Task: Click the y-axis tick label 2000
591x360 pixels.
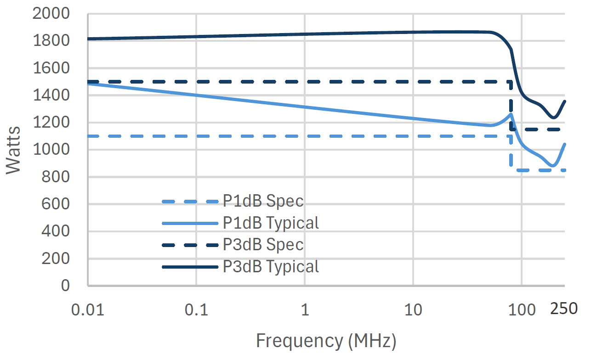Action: tap(51, 14)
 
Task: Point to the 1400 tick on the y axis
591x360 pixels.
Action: tap(51, 96)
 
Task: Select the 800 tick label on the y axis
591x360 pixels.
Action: tap(57, 177)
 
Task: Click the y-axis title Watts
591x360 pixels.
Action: tap(14, 150)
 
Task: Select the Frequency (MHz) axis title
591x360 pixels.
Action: tap(326, 341)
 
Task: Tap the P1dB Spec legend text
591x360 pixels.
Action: tap(263, 201)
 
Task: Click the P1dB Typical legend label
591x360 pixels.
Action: tap(271, 223)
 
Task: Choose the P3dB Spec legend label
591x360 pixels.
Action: tap(263, 245)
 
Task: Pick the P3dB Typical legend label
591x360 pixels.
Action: tap(271, 266)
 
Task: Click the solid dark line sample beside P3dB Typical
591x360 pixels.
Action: tap(190, 267)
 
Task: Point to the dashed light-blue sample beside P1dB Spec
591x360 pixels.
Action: tap(190, 202)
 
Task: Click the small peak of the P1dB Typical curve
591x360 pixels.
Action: tap(510, 114)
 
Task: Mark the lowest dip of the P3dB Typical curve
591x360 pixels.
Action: tap(553, 118)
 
